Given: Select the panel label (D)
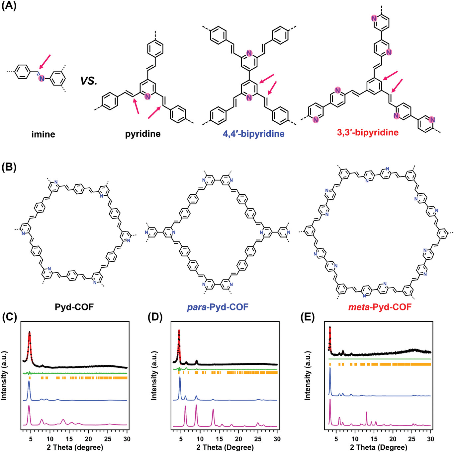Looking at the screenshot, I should (155, 317).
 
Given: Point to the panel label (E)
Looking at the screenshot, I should (307, 317).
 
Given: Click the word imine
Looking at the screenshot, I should (43, 134).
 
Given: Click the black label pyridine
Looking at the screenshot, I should (143, 134).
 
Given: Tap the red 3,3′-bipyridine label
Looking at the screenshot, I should (368, 133).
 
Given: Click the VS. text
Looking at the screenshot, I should (89, 81).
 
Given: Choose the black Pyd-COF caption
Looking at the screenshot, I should (74, 307).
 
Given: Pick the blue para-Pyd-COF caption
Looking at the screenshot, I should (218, 307).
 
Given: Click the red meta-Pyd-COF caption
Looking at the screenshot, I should (380, 307).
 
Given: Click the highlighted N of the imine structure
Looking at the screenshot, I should (42, 78).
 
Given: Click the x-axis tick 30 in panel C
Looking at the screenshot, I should (127, 439).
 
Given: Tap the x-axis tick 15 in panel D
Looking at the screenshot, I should (219, 439).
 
